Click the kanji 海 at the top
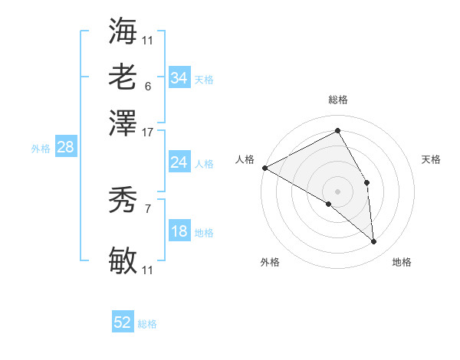[x=123, y=30]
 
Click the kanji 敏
[x=123, y=261]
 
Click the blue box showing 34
[x=179, y=78]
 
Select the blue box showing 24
[x=179, y=162]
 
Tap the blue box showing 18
[x=179, y=232]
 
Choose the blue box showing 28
[x=65, y=148]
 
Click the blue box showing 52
[x=123, y=322]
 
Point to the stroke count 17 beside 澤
[x=148, y=131]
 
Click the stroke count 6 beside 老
[x=147, y=87]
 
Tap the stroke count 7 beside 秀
[x=147, y=208]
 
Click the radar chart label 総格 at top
[x=337, y=100]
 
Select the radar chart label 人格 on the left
[x=245, y=159]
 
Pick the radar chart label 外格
[x=270, y=262]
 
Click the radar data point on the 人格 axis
[x=264, y=168]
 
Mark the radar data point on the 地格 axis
[x=373, y=241]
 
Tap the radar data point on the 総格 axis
[x=337, y=130]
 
